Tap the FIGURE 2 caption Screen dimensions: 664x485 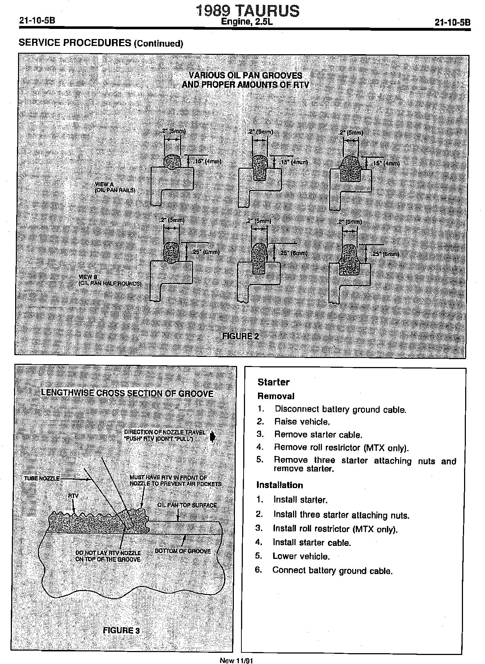pos(240,336)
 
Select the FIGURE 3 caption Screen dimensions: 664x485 pos(121,630)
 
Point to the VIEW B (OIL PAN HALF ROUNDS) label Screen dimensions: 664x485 pos(110,280)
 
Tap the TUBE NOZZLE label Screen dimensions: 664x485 pos(42,478)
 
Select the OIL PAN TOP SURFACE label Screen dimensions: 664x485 pos(187,505)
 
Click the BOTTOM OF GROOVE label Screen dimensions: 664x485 pos(183,551)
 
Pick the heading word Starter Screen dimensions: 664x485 pos(274,382)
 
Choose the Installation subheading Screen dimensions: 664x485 pos(280,485)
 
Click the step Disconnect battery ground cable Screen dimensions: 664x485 pos(340,410)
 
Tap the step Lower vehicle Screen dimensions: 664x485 pos(301,556)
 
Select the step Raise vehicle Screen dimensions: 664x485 pos(302,422)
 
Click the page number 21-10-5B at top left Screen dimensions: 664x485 pos(37,21)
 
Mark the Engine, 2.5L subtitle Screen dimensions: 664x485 pos(247,22)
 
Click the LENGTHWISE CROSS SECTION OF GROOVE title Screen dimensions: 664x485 pos(127,393)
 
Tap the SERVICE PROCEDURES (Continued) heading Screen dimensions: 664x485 pos(101,43)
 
